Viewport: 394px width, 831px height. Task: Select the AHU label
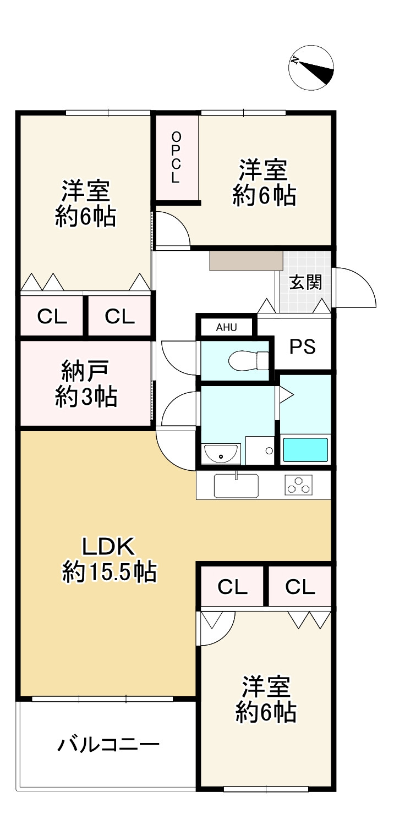click(x=226, y=327)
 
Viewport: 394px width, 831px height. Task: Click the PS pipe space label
click(x=303, y=347)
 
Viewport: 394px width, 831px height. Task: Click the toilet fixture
click(x=248, y=361)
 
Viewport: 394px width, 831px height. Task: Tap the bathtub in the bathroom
click(x=305, y=449)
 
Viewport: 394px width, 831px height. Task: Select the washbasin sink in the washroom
click(x=221, y=453)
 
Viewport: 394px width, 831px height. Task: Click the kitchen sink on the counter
click(x=236, y=485)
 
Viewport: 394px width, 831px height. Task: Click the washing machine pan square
click(x=260, y=451)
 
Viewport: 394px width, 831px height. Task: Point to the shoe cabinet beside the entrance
click(x=245, y=261)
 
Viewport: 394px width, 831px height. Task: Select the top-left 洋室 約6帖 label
click(x=85, y=204)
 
